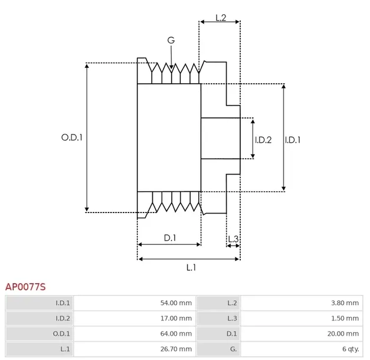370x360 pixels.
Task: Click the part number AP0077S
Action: pos(25,287)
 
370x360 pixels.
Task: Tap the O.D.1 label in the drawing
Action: pos(71,138)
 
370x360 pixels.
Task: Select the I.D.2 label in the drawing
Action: pos(263,140)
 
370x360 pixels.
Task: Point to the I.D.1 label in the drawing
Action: pos(293,140)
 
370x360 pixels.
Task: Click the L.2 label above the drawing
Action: pos(221,18)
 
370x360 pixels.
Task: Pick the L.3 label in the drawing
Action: pos(233,238)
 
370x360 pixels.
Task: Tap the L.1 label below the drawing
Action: pos(191,267)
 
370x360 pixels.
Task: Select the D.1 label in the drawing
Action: pos(170,238)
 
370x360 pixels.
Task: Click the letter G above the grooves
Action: pos(171,40)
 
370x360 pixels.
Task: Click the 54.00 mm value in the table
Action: pos(176,303)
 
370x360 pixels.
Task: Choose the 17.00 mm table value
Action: pos(176,319)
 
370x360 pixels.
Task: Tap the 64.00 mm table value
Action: pos(176,334)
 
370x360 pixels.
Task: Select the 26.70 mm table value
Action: pos(176,349)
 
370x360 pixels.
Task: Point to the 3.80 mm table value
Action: pos(345,303)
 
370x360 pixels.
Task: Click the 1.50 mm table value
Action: pos(345,319)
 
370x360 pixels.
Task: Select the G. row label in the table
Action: pos(233,349)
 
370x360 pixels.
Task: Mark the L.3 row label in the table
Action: pos(232,319)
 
